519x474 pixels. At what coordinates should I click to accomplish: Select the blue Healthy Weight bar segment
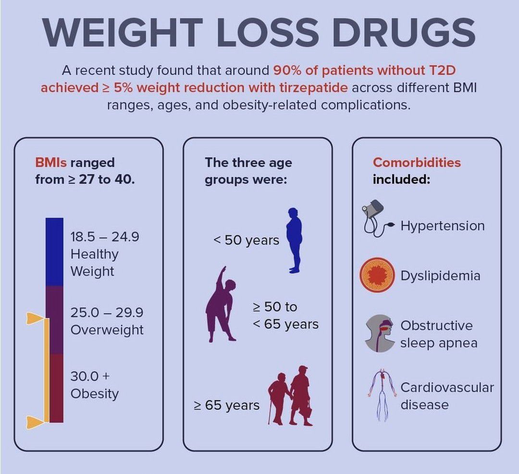pos(54,252)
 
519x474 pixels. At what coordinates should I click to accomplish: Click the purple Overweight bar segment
pos(54,320)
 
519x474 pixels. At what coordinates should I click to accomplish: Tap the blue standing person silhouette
pos(294,240)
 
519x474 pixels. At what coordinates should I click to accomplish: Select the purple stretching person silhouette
pos(220,304)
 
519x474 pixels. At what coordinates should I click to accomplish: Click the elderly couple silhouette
pos(291,395)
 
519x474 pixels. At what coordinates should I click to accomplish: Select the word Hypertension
pos(443,225)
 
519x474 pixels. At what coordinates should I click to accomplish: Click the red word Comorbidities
pos(417,162)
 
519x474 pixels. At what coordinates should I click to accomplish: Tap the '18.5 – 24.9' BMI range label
pos(105,237)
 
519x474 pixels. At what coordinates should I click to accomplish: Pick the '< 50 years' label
pos(246,240)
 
